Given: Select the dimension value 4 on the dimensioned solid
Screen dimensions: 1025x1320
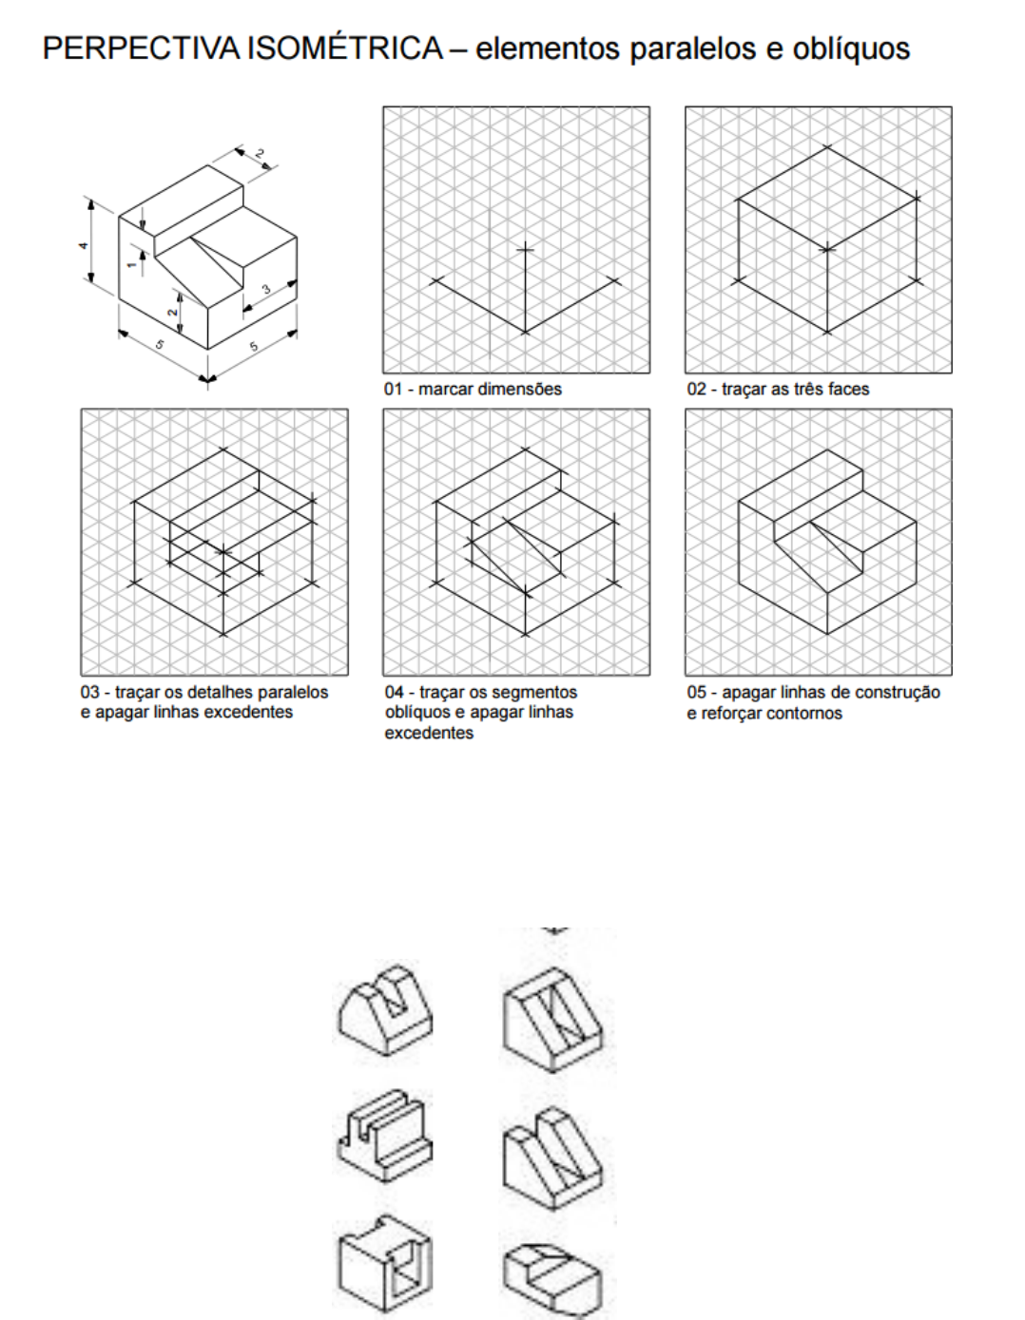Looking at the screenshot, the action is point(84,246).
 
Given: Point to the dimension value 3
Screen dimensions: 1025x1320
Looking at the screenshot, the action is point(266,290).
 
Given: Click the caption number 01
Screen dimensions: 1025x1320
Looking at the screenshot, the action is point(394,389).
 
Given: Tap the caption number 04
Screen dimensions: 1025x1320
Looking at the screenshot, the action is point(395,692).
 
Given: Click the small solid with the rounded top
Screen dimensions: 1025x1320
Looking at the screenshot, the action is point(385,1007).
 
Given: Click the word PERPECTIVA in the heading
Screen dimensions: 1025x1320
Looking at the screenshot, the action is point(143,48).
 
